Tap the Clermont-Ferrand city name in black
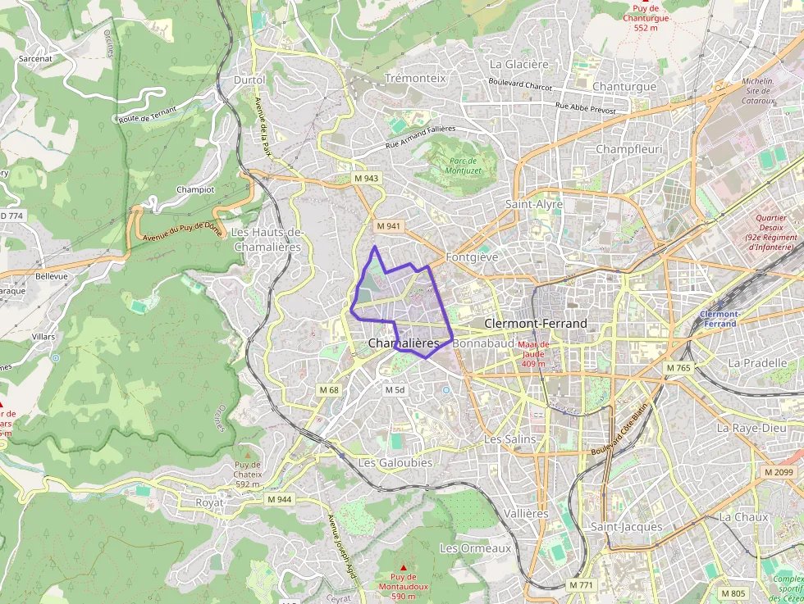(536, 324)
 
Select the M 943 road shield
(366, 179)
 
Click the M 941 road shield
(388, 226)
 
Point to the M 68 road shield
(329, 390)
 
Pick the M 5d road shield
(395, 390)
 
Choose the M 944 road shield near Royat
(279, 499)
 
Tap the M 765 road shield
(678, 369)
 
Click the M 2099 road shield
(779, 472)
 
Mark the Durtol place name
(249, 80)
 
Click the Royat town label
(209, 502)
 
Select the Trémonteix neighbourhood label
(415, 78)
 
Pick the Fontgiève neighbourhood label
(472, 257)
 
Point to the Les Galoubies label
(395, 463)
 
